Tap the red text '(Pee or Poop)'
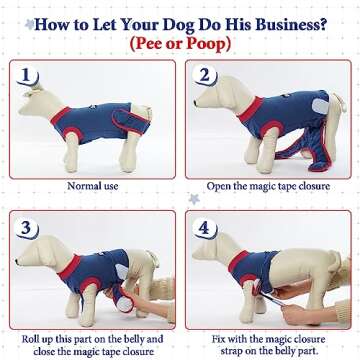[180, 45]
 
